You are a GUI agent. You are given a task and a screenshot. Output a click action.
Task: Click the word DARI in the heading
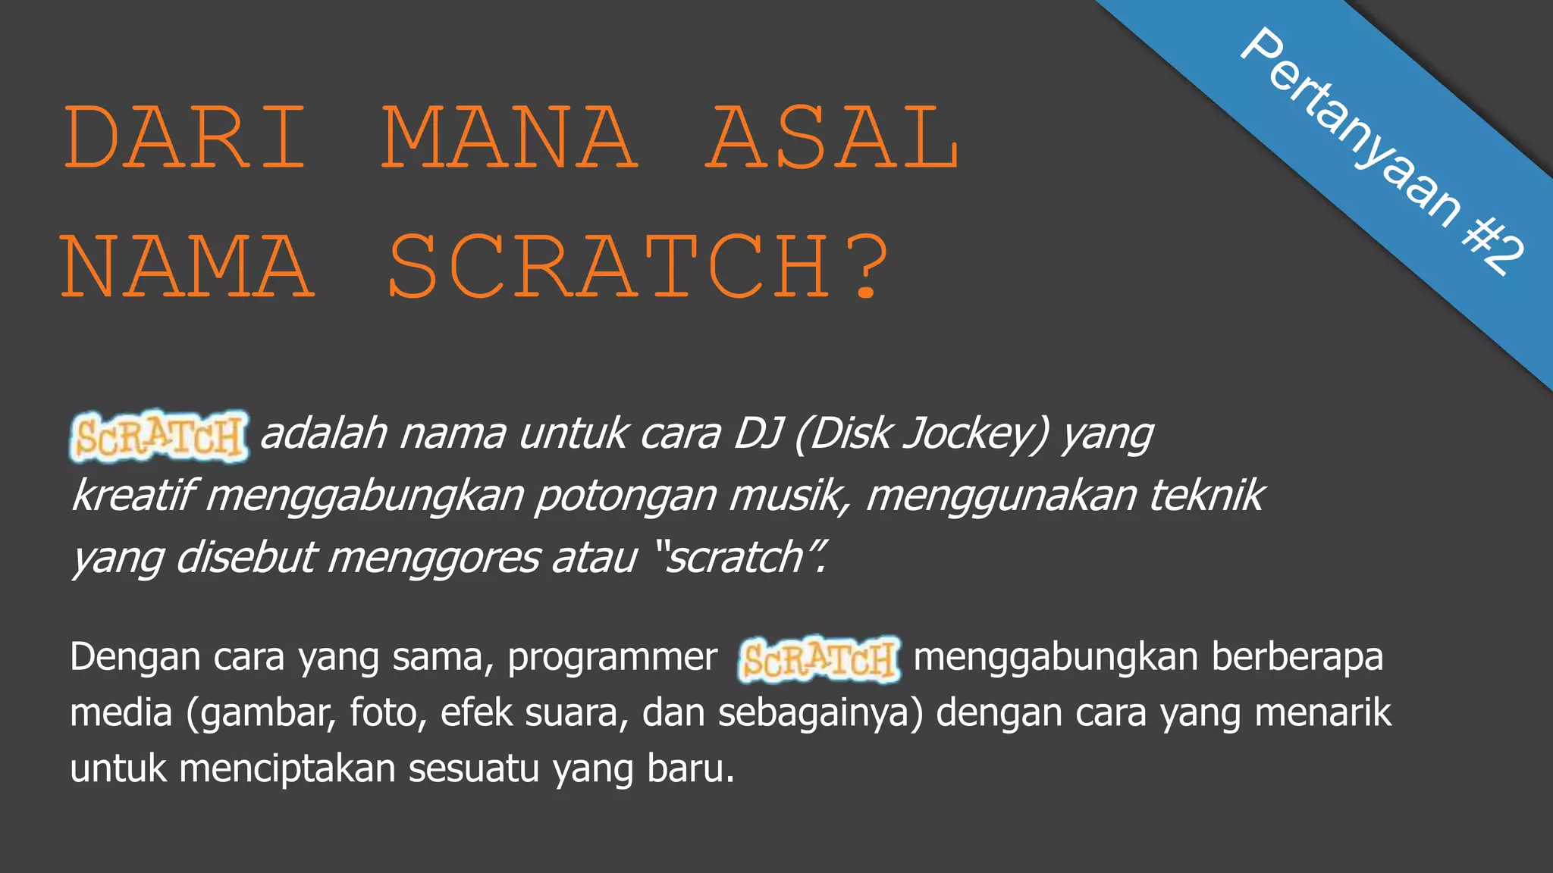(185, 138)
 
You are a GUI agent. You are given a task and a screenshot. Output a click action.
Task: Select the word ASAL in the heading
(832, 138)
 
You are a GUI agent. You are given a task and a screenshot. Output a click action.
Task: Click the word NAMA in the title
(187, 267)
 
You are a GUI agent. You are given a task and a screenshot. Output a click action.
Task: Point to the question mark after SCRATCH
(866, 267)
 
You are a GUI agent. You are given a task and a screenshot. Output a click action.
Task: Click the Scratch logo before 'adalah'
(159, 436)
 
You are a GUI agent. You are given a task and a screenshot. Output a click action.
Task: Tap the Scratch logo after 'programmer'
(819, 659)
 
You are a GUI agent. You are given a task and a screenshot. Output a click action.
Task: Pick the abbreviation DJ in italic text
(758, 433)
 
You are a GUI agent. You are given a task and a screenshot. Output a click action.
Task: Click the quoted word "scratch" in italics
(739, 558)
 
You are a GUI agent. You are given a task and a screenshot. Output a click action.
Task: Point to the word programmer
(612, 657)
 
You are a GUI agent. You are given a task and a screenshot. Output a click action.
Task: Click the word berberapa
(1297, 657)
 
